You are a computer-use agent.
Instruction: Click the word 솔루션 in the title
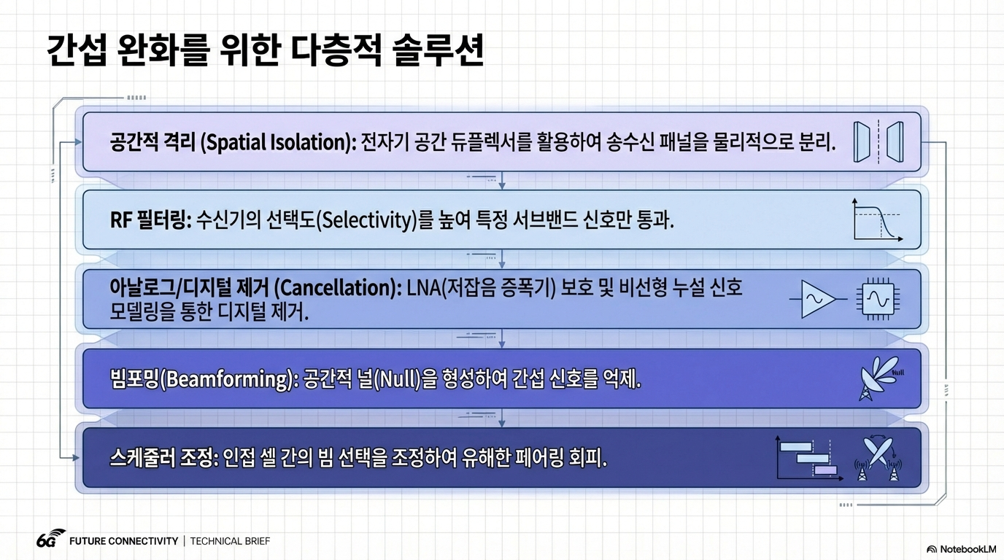[x=438, y=50]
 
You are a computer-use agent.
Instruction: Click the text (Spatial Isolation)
[x=278, y=142]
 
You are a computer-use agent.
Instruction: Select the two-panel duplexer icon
[x=878, y=141]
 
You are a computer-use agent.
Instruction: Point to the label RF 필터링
[x=151, y=220]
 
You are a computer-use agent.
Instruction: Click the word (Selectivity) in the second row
[x=366, y=220]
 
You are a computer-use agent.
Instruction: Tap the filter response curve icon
[x=878, y=220]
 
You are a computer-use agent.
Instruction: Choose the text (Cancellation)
[x=338, y=287]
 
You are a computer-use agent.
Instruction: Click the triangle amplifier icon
[x=817, y=299]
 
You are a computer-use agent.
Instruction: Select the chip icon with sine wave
[x=878, y=299]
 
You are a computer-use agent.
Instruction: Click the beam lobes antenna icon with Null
[x=880, y=378]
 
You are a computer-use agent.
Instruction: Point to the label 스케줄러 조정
[x=164, y=458]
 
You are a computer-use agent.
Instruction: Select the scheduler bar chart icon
[x=809, y=458]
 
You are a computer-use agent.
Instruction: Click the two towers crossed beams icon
[x=878, y=459]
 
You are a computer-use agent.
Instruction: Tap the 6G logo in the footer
[x=50, y=539]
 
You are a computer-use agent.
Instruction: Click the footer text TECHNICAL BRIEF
[x=230, y=541]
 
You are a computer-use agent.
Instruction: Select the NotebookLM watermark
[x=962, y=549]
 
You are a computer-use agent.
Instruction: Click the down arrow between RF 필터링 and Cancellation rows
[x=502, y=259]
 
